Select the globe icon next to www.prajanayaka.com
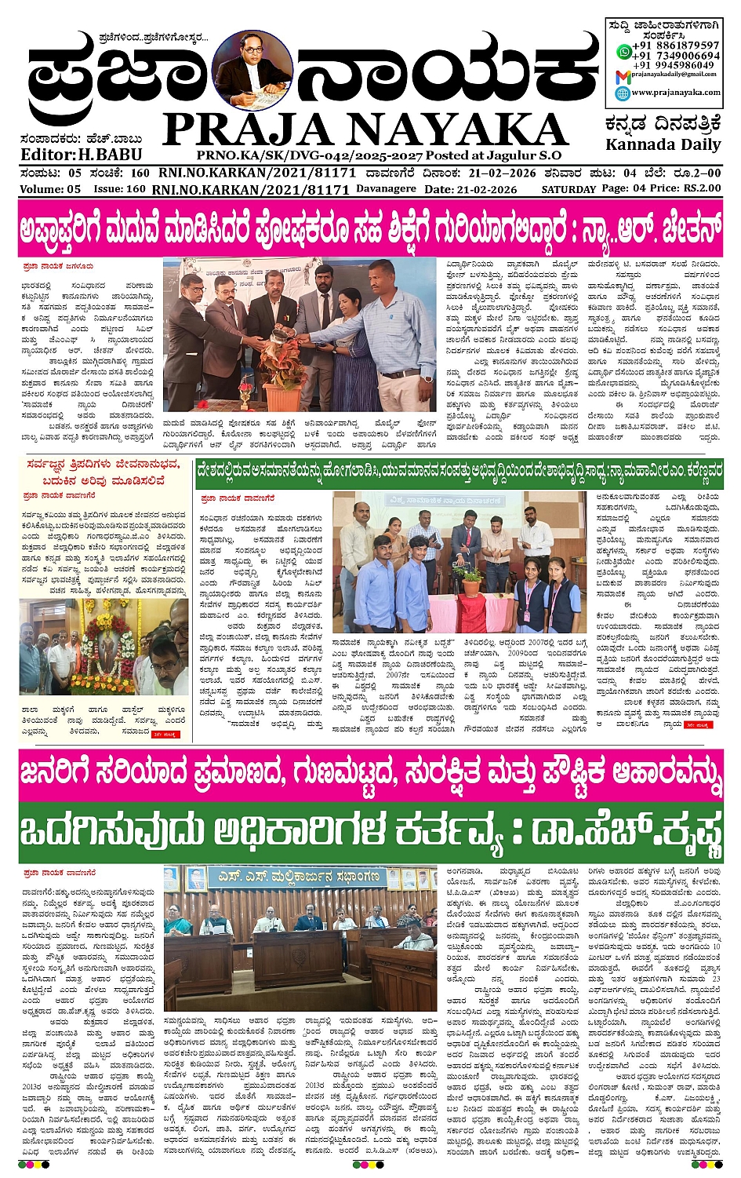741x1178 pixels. coord(623,93)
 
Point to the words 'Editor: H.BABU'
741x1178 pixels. coord(71,155)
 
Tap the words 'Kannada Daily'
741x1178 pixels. coord(663,145)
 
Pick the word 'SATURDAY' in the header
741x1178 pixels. coord(568,190)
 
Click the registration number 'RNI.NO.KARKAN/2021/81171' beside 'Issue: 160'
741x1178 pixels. coord(250,190)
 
